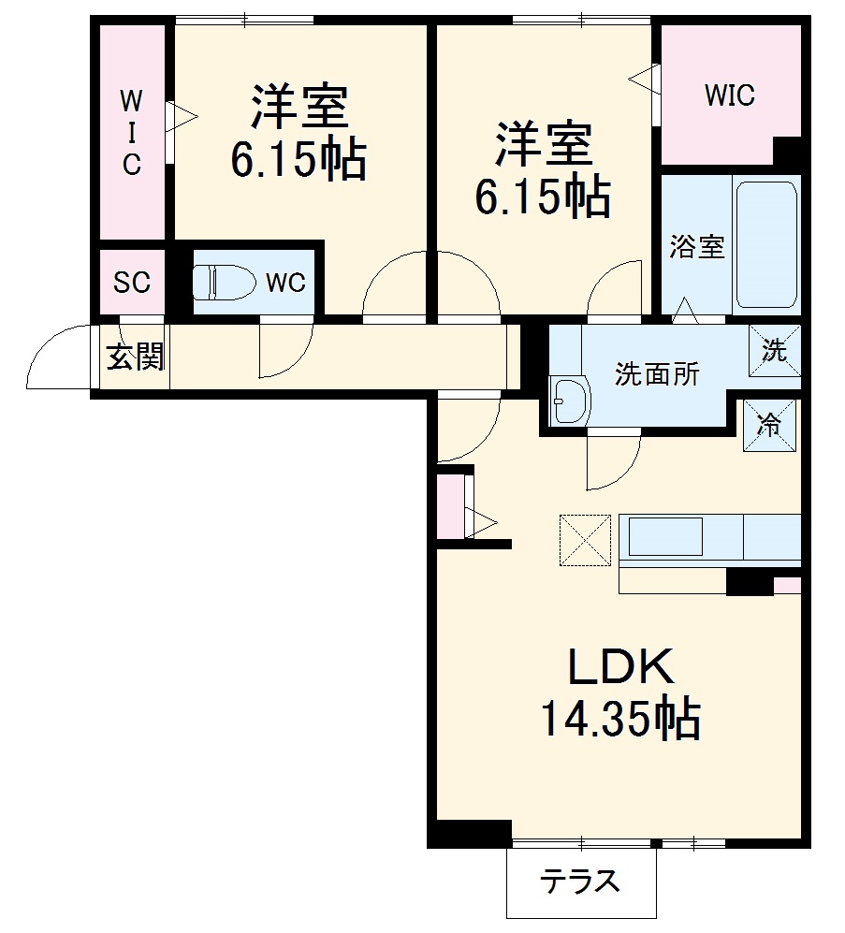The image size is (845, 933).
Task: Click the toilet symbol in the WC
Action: coord(222,281)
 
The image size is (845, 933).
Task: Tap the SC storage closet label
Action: coord(132,283)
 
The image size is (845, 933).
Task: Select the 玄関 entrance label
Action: coord(135,357)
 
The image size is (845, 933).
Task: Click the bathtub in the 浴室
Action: coord(765,245)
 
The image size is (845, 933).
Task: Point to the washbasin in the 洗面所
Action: coord(568,402)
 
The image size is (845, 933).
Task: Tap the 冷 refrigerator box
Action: coord(769,425)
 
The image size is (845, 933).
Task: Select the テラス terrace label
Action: coord(579,882)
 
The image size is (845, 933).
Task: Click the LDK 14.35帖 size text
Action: coord(619,719)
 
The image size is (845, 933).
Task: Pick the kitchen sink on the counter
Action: coord(665,537)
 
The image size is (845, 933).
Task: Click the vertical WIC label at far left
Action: coord(132,132)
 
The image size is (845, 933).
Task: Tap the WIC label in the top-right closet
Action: coord(729,95)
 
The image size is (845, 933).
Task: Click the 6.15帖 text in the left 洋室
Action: coord(298,161)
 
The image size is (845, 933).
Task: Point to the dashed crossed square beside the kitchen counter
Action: coord(585,540)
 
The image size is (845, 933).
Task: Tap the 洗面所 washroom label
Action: coord(656,374)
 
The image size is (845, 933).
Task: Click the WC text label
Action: coord(284,283)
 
